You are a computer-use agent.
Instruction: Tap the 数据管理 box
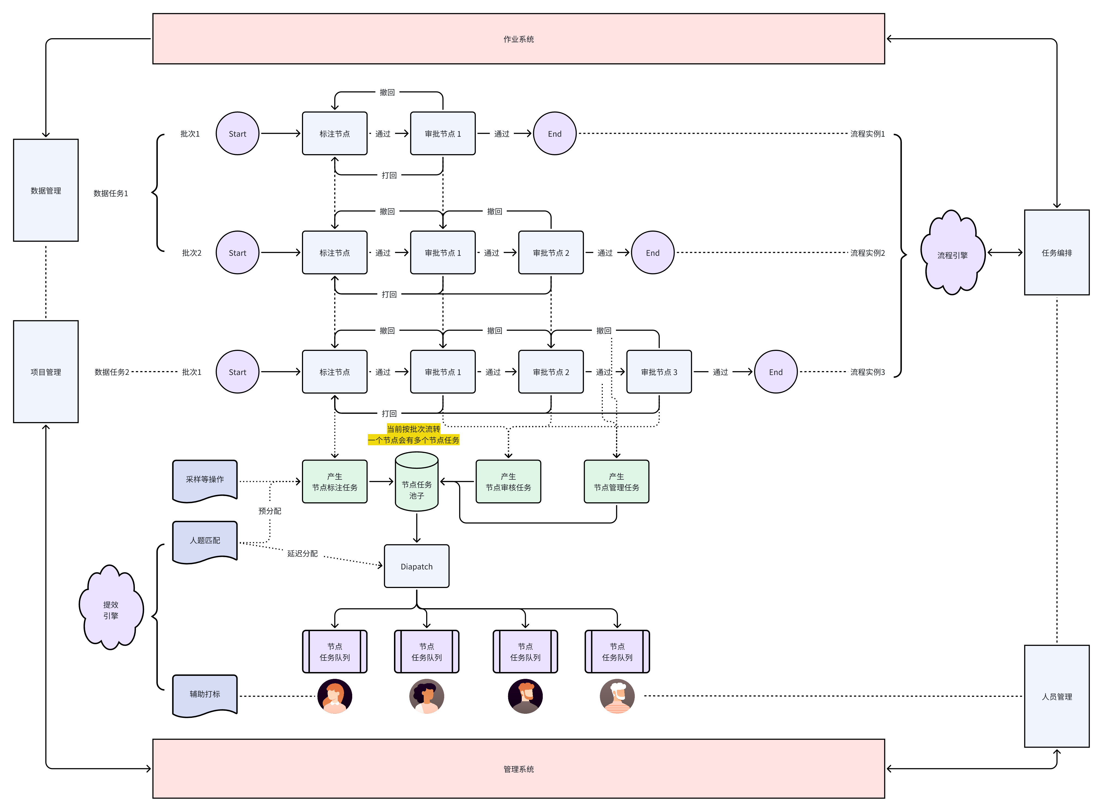(x=46, y=190)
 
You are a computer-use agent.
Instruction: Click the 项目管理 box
(x=46, y=372)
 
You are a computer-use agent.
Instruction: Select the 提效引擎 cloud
(x=111, y=610)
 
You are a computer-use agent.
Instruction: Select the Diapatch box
(x=417, y=566)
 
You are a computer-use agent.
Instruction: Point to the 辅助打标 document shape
(x=204, y=694)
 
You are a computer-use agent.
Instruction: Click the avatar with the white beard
(x=617, y=696)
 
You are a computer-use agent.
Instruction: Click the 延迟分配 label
(x=303, y=553)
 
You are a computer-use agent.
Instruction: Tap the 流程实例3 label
(x=867, y=372)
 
